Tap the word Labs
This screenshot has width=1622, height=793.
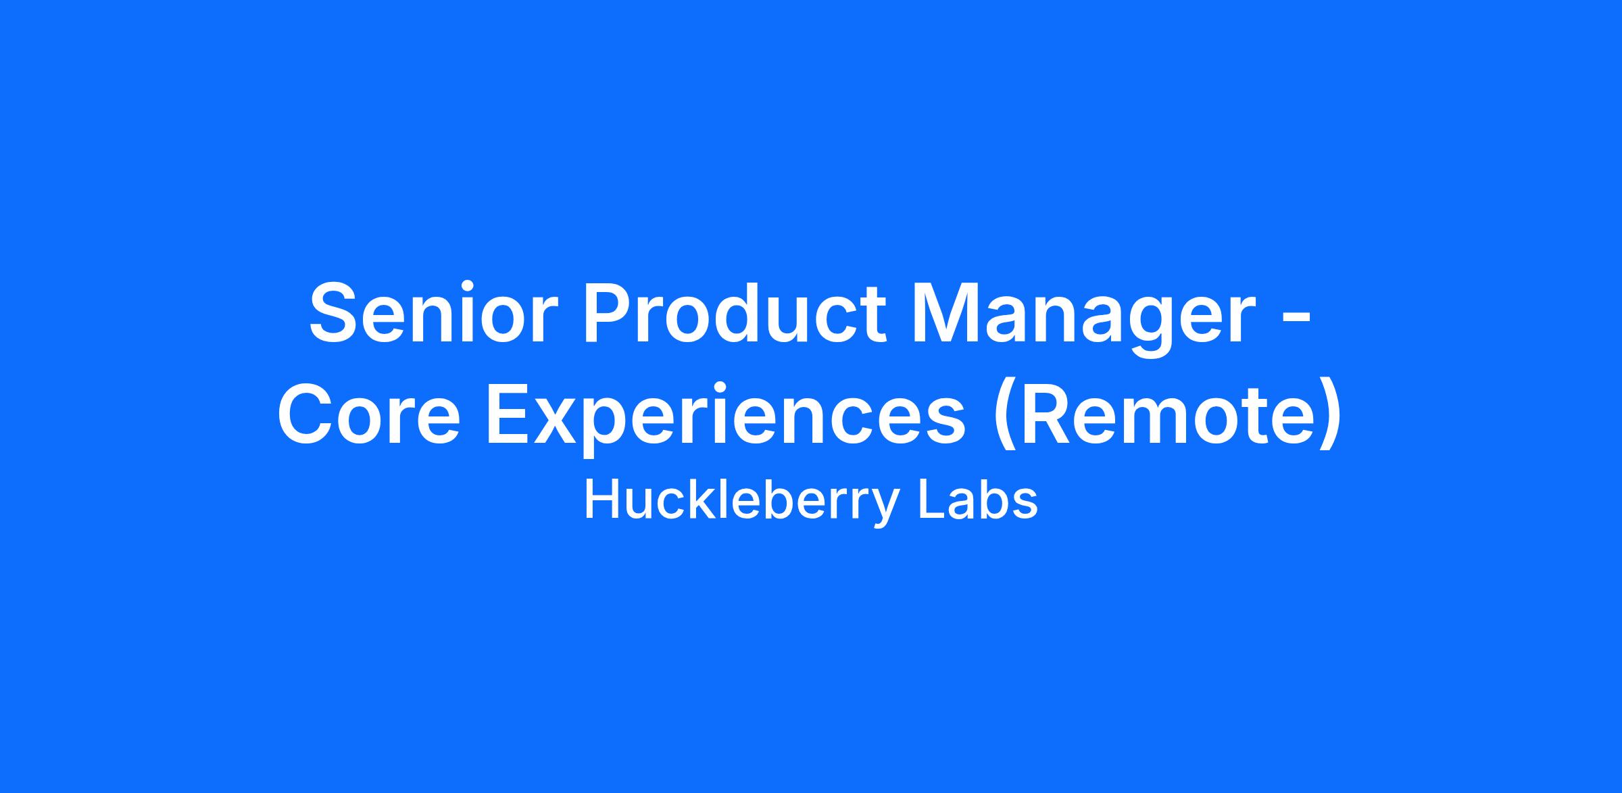coord(977,500)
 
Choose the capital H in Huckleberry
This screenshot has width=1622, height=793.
coord(604,500)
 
